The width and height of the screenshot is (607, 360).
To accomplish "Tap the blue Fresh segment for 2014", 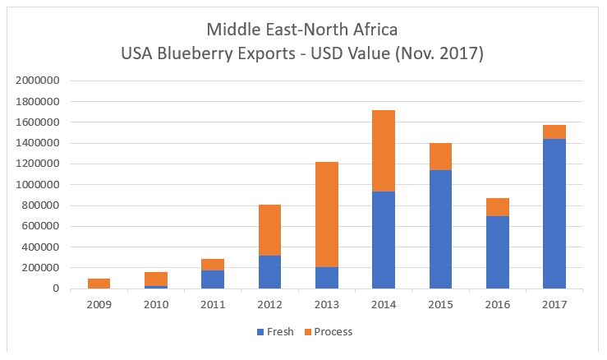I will tap(384, 240).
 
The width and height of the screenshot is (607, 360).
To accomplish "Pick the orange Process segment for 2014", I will tap(384, 151).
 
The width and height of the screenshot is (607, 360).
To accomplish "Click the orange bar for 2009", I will tap(99, 284).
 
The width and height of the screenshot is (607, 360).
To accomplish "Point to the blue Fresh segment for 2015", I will tap(440, 229).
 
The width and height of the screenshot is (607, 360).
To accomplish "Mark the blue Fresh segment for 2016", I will tap(497, 252).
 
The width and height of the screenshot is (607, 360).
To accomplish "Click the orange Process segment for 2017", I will tap(554, 132).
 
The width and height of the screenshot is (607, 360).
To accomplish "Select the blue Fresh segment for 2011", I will tap(213, 279).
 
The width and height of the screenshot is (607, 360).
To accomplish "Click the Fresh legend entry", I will tap(269, 331).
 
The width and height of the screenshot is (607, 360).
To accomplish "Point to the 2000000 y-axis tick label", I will tap(37, 81).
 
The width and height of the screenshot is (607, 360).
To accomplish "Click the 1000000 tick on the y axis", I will tap(37, 185).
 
